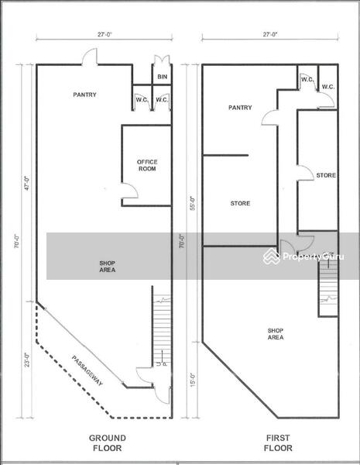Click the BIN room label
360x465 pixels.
(x=163, y=77)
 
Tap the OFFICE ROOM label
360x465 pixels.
(x=147, y=165)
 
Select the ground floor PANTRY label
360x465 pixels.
(x=84, y=95)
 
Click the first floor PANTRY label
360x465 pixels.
(x=240, y=108)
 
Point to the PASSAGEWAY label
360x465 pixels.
(x=87, y=370)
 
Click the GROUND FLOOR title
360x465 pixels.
(x=108, y=443)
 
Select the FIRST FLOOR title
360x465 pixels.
(x=278, y=443)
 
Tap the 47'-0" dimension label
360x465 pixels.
(x=27, y=183)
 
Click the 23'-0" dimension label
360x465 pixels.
(x=27, y=360)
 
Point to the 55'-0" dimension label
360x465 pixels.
(x=193, y=203)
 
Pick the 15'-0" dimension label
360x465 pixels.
(x=193, y=380)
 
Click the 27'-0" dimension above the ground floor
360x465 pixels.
(x=105, y=34)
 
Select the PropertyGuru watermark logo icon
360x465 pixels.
(x=272, y=257)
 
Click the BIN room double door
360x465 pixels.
(x=162, y=60)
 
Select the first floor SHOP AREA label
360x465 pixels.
(x=276, y=334)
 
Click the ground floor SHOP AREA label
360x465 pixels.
(x=108, y=267)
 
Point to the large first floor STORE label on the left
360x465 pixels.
(x=240, y=203)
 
